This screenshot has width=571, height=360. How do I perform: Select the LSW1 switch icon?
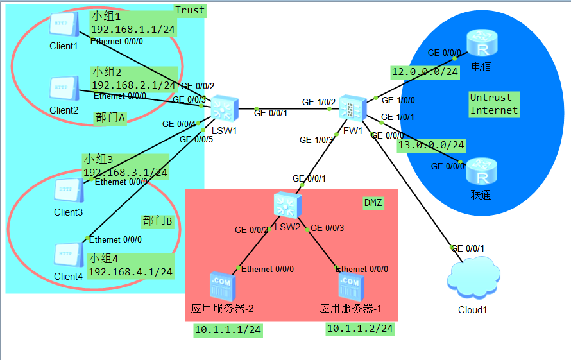point(224,108)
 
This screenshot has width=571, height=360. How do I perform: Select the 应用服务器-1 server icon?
point(350,286)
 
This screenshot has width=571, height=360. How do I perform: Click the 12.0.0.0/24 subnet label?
point(425,72)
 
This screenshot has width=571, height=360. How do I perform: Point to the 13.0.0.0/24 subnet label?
point(430,146)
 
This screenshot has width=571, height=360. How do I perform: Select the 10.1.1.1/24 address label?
point(228,330)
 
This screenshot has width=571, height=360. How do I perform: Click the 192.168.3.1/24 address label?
point(125,172)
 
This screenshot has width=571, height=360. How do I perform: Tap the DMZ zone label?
point(373,203)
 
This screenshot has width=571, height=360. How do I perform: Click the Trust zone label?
point(190,10)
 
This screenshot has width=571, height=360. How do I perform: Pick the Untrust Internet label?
point(493,103)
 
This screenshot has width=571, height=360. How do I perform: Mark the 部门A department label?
point(110,117)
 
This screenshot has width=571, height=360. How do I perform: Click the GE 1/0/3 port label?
point(316,139)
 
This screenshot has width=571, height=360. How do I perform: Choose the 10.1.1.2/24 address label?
point(360,329)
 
